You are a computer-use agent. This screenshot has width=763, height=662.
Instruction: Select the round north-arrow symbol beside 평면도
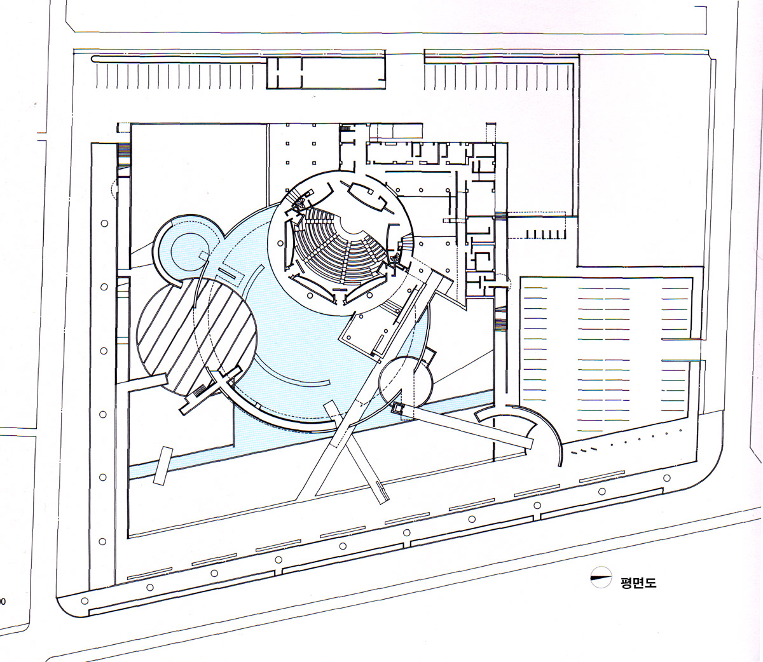click(601, 578)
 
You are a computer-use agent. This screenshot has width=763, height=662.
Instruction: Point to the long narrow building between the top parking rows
click(326, 72)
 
